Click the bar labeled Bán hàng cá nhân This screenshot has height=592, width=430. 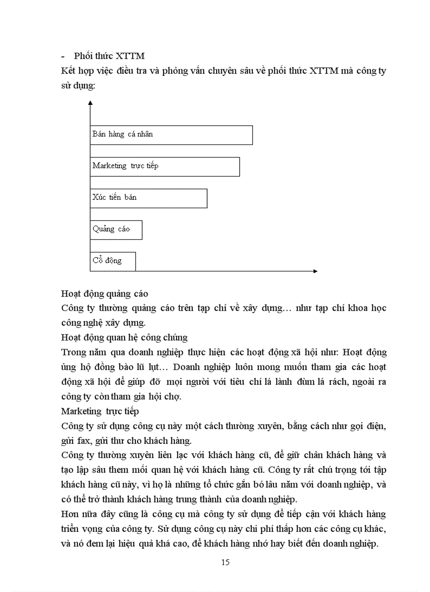click(x=171, y=134)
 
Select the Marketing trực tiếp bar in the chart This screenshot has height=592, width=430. click(x=165, y=166)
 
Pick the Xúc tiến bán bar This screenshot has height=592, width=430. click(x=149, y=198)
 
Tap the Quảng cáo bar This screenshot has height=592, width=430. click(x=116, y=229)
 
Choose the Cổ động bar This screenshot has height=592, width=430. click(x=113, y=261)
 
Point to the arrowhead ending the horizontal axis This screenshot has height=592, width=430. click(x=315, y=271)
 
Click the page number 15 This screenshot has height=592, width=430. click(x=225, y=562)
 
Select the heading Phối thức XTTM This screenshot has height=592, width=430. click(x=109, y=56)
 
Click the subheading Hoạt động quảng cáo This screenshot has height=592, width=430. click(x=104, y=294)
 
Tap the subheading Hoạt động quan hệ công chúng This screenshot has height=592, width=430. click(x=124, y=337)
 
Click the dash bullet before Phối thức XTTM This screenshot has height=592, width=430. click(x=63, y=56)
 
